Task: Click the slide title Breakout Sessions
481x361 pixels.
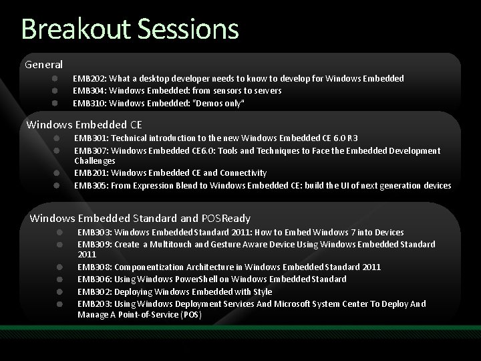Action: [x=130, y=29]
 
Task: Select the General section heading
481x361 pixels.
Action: [x=44, y=65]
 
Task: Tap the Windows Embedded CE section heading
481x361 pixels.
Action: [x=84, y=124]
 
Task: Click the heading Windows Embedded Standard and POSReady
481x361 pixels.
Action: [x=140, y=218]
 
